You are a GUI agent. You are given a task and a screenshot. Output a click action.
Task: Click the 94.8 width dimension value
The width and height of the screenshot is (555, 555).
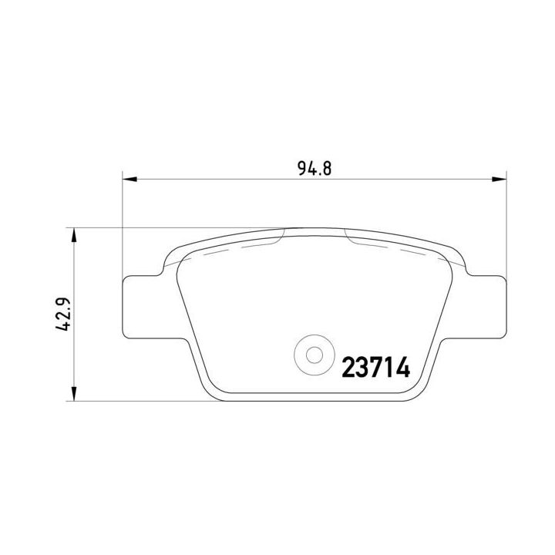(x=314, y=169)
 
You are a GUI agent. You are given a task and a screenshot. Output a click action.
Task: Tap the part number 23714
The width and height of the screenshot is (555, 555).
(x=375, y=368)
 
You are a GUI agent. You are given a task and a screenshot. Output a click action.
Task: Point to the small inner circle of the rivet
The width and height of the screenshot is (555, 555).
(x=314, y=355)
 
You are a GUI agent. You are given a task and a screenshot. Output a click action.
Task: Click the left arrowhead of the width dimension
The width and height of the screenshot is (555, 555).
(x=129, y=180)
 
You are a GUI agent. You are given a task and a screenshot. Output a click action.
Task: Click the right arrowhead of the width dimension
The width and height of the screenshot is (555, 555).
(x=499, y=180)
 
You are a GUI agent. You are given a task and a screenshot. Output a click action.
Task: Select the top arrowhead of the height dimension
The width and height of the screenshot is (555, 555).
(x=74, y=235)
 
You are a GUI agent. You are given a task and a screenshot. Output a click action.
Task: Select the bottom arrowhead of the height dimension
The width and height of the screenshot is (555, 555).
(x=74, y=394)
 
